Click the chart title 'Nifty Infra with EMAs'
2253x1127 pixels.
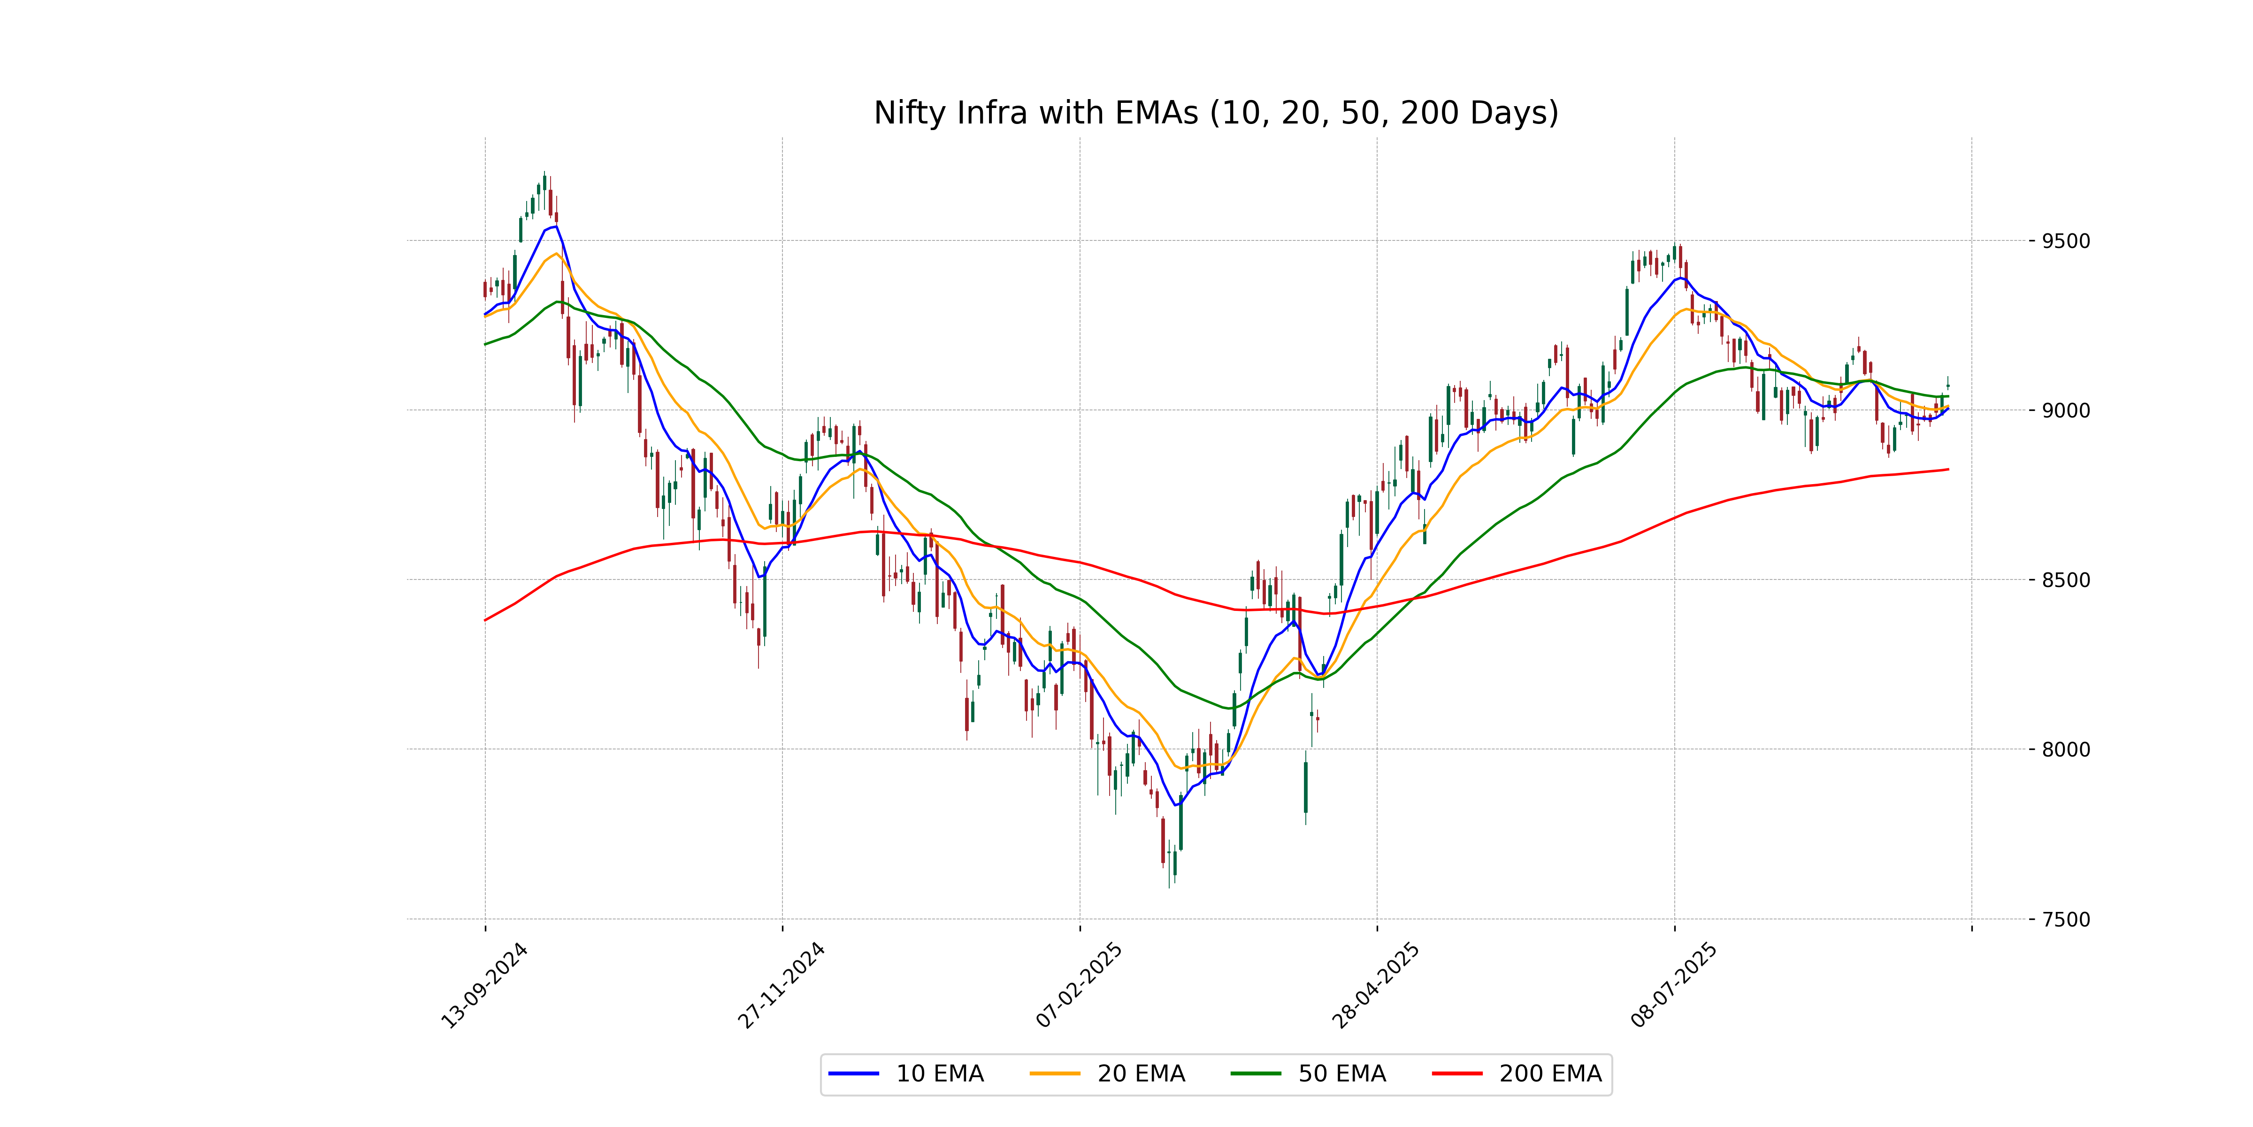(1216, 113)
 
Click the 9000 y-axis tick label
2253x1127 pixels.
(2066, 410)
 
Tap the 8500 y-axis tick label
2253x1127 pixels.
(2066, 580)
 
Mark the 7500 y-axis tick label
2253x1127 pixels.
(2066, 919)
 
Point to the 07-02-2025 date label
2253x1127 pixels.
(1079, 986)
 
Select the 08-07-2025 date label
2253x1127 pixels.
(1674, 986)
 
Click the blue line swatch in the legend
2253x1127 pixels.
(854, 1073)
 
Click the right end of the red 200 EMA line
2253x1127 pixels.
(1948, 470)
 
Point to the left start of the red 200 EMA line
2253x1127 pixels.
(485, 620)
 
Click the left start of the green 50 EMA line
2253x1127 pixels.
(485, 344)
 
